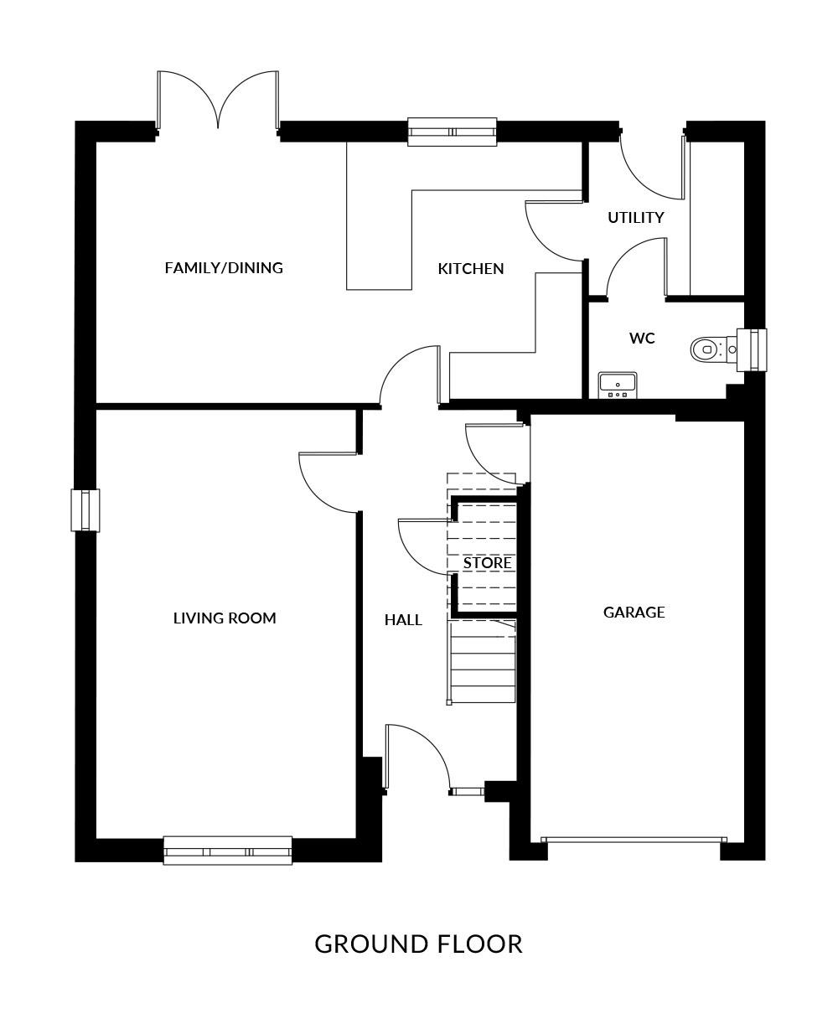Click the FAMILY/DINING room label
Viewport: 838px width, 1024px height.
(224, 267)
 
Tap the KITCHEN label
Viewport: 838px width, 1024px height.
(470, 268)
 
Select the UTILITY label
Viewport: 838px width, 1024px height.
(635, 218)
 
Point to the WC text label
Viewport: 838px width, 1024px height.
(642, 338)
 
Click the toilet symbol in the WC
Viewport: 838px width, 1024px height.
(713, 349)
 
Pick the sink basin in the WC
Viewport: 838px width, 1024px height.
(617, 385)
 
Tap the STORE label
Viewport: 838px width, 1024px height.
(487, 563)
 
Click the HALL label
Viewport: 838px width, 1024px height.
(403, 620)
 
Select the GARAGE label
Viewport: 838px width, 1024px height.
(634, 613)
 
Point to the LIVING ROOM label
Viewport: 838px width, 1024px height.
(225, 618)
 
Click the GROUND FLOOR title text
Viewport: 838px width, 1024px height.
(418, 944)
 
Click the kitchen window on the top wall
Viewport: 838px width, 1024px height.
(452, 132)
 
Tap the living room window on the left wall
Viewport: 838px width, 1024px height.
(85, 510)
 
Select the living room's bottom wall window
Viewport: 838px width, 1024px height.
(228, 851)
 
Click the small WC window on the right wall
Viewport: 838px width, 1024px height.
(752, 350)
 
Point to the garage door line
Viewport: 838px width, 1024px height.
(634, 839)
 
